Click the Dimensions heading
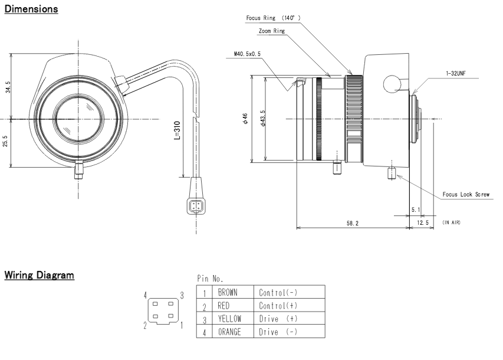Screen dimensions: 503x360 tap(31, 9)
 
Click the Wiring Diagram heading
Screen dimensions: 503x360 tap(39, 275)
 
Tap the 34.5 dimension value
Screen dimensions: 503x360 tap(8, 87)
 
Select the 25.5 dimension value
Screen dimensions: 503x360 tap(5, 141)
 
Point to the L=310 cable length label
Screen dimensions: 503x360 tap(177, 130)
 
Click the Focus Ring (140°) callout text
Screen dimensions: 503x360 tap(273, 18)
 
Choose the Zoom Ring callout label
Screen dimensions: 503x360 tap(272, 31)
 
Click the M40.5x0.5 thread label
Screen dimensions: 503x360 tap(247, 54)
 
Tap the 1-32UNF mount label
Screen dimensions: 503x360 tap(455, 74)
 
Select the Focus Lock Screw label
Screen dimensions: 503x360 tap(466, 194)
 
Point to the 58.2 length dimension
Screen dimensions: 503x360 tap(352, 223)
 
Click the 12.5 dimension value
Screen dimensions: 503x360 tap(423, 222)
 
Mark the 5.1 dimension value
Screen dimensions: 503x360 tap(416, 210)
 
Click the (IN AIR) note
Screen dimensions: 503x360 tap(451, 222)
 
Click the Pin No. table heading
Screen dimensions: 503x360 tap(210, 279)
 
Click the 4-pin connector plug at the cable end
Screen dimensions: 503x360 tap(196, 206)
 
